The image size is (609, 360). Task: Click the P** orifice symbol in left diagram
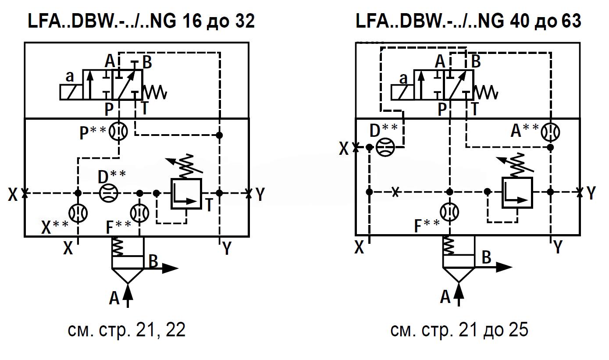click(x=119, y=132)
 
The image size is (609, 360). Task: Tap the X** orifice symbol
click(x=78, y=213)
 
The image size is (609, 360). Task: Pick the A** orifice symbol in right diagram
click(x=550, y=132)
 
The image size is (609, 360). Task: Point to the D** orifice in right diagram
click(x=385, y=147)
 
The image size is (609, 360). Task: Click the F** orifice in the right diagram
click(x=449, y=212)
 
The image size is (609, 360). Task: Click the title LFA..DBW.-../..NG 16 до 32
click(x=141, y=21)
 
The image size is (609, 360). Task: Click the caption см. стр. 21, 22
click(x=126, y=330)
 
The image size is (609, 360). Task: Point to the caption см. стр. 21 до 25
click(x=459, y=330)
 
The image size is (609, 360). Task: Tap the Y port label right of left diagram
click(x=260, y=193)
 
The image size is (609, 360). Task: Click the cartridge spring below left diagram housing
click(x=118, y=246)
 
